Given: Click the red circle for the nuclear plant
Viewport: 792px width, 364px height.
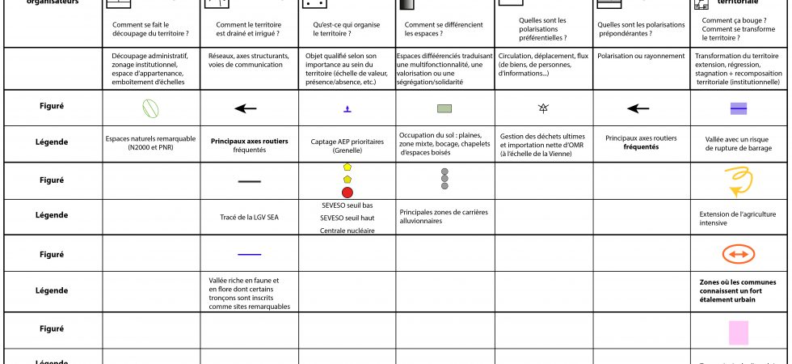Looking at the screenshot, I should pos(348,192).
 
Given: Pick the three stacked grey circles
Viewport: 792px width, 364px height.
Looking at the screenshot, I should pos(444,179).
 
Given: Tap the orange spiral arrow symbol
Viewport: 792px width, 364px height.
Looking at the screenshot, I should pos(738,180).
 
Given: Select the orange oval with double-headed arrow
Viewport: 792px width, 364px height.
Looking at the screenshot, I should pos(739,254).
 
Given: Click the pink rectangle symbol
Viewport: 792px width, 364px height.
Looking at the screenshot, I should pos(739,332).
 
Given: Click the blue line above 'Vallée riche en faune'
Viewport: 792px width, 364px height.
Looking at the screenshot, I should pos(249,254).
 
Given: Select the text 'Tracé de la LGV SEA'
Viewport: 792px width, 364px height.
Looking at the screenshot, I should pos(249,217).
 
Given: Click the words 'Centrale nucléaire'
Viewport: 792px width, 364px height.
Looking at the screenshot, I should pos(348,231).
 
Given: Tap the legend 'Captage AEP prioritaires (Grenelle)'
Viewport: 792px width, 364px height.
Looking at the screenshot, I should pos(348,146).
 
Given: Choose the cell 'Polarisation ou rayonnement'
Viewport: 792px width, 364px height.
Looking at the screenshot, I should pos(640,57).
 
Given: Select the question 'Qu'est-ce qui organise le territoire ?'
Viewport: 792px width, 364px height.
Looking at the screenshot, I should pos(348,31).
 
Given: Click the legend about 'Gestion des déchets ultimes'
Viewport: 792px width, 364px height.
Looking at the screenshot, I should pos(542,145).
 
